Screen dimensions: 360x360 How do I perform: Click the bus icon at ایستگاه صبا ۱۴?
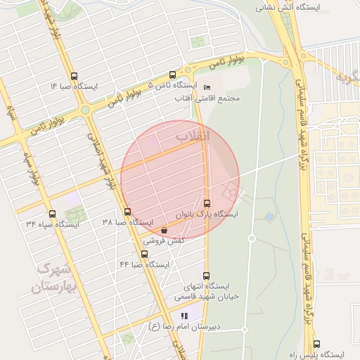(x=75, y=76)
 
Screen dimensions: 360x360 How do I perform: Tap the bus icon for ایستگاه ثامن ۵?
(x=173, y=75)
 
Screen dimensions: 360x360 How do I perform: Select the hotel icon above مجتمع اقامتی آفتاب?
(x=207, y=87)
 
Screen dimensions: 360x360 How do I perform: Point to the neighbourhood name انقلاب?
(x=192, y=136)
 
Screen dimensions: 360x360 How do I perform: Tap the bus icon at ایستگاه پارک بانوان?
(x=206, y=202)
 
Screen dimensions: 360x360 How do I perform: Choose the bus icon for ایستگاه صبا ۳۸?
(x=127, y=212)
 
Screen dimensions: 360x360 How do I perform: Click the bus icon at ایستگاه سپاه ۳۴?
(x=52, y=214)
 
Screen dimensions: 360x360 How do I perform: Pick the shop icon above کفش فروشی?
(x=164, y=230)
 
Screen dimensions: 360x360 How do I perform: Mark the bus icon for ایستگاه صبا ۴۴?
(x=145, y=254)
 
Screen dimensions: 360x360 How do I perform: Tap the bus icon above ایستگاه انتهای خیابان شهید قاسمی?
(x=206, y=276)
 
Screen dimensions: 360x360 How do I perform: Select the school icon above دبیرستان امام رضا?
(x=184, y=316)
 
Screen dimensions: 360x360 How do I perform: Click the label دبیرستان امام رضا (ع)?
(x=184, y=327)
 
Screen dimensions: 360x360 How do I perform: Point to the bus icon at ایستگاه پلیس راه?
(x=316, y=345)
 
